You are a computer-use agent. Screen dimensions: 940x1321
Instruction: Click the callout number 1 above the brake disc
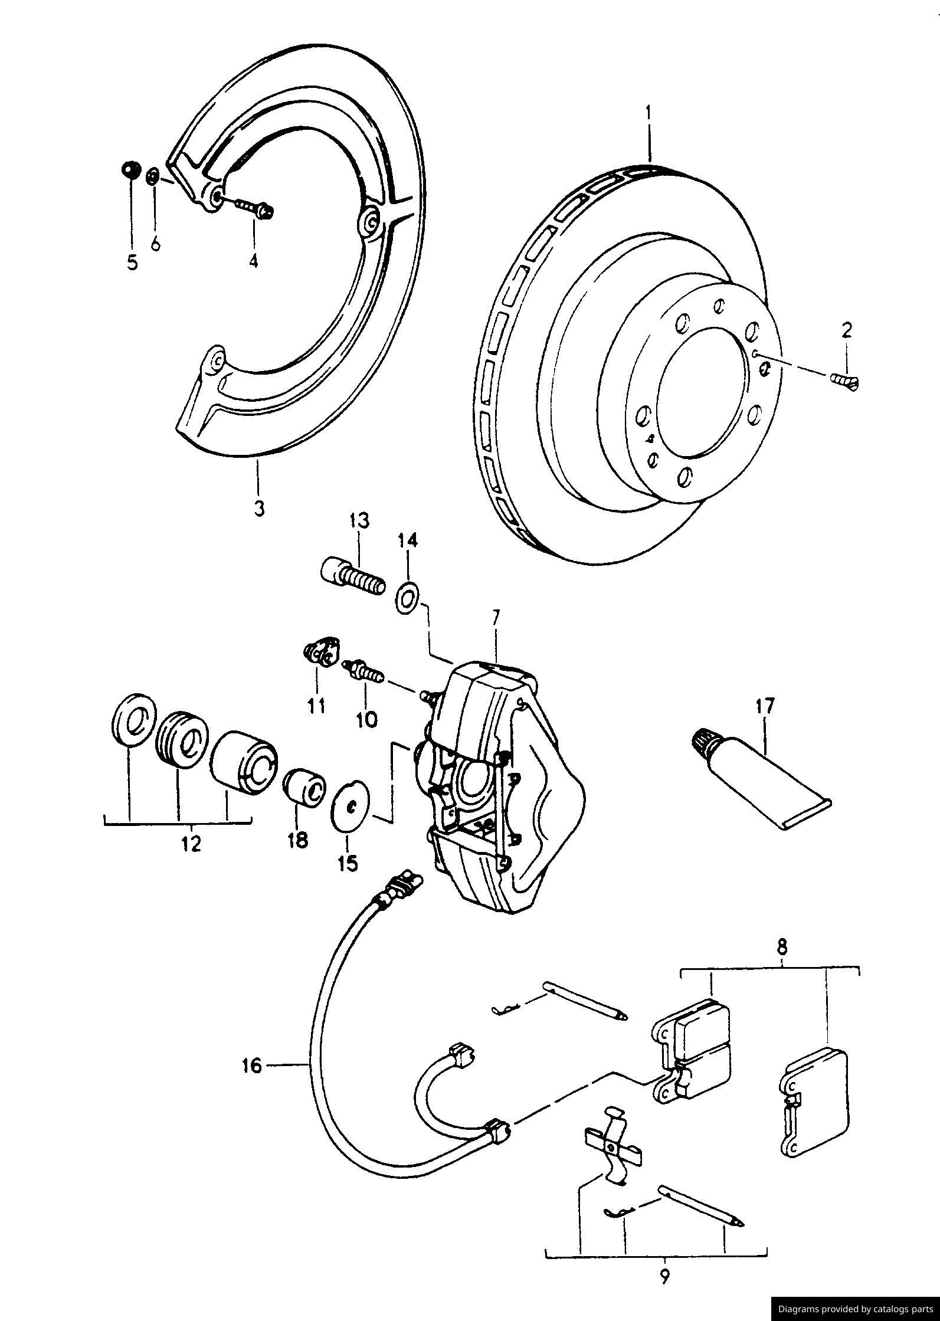pos(648,112)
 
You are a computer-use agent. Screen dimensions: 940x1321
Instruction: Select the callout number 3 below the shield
pos(259,507)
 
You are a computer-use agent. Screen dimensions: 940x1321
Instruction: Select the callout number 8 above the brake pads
pos(782,948)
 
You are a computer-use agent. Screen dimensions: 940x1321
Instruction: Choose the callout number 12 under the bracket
pos(191,844)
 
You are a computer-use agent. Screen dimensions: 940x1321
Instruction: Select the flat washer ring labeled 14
pos(406,598)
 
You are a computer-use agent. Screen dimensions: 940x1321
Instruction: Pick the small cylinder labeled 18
pos(305,786)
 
